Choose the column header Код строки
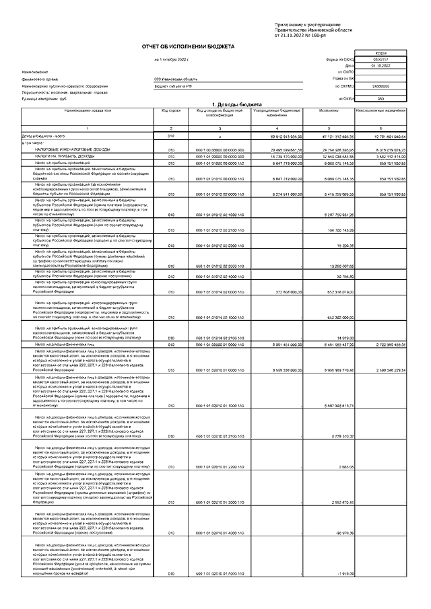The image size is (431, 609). tap(171, 109)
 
